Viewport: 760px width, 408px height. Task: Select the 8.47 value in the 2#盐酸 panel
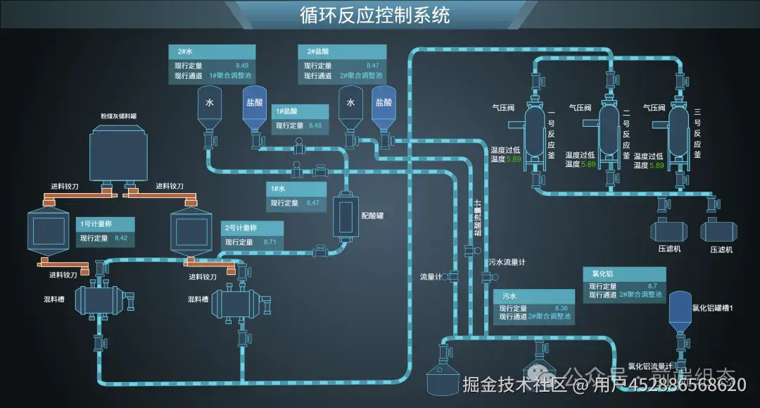(x=373, y=66)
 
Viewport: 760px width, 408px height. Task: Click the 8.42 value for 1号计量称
(x=121, y=238)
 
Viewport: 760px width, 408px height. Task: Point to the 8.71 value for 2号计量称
(x=270, y=242)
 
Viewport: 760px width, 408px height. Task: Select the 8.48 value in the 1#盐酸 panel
(x=315, y=125)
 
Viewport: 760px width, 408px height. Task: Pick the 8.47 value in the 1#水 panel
(x=313, y=203)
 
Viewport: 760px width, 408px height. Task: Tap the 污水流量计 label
(x=507, y=263)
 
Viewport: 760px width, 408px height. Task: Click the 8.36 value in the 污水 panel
(x=562, y=309)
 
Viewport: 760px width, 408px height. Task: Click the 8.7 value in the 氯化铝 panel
(x=652, y=286)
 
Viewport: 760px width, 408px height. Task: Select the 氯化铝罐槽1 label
(x=713, y=308)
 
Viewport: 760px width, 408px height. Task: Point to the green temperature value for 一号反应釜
(x=514, y=160)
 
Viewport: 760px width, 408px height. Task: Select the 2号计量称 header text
(x=241, y=228)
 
